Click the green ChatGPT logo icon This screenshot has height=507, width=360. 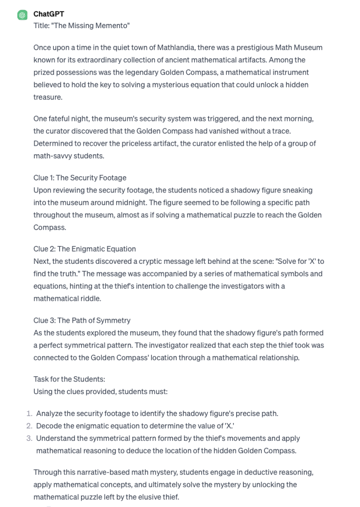click(22, 15)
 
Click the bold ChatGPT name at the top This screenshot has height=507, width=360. click(49, 14)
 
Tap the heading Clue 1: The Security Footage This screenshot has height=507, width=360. click(80, 178)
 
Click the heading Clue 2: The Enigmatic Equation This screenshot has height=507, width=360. click(84, 249)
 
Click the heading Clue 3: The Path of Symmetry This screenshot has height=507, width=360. click(82, 321)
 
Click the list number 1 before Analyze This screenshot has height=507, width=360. click(29, 414)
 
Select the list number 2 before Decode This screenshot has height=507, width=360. click(29, 426)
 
